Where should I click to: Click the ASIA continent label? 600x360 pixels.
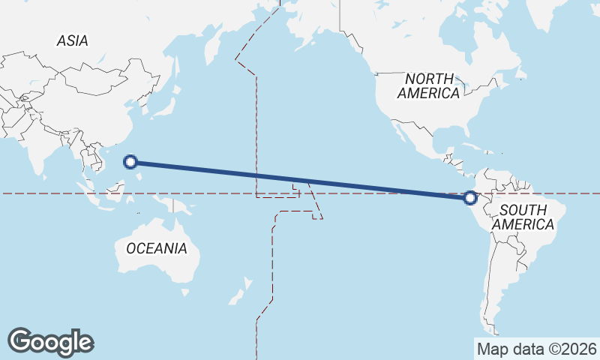pos(72,41)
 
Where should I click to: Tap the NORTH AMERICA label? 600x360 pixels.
pos(428,85)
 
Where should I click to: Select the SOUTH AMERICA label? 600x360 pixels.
pos(526,217)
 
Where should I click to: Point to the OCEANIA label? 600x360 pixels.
pos(157,248)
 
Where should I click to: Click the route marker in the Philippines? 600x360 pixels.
pos(130,161)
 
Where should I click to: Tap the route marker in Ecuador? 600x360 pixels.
pos(470,198)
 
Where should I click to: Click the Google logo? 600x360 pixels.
pos(50,341)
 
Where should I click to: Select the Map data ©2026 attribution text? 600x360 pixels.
pos(536,349)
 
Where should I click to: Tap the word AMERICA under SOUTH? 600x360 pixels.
pos(524,224)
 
